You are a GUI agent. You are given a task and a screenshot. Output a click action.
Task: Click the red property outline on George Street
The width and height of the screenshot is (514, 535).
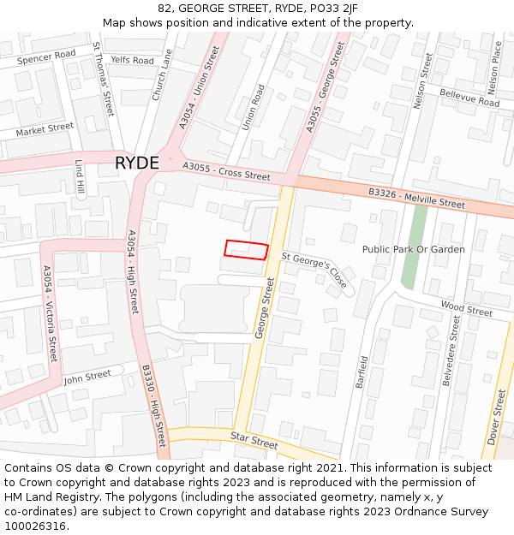247,249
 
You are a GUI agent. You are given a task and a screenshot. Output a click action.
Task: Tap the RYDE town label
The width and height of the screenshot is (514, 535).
136,163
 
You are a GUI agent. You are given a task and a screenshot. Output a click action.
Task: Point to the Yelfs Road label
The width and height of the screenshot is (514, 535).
132,61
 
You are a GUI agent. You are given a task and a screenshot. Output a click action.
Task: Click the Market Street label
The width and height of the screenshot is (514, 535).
45,129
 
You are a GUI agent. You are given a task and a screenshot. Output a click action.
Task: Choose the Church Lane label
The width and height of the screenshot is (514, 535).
162,74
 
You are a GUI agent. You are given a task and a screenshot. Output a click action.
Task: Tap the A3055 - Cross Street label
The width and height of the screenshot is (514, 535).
226,171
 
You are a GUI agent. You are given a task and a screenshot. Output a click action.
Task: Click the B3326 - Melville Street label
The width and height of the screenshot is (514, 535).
416,199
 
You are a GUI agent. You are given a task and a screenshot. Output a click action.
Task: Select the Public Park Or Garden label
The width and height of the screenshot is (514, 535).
413,249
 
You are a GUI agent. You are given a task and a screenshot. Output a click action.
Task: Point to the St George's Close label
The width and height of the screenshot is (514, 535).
315,270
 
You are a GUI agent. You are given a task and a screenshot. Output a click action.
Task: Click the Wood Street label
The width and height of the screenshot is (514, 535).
466,308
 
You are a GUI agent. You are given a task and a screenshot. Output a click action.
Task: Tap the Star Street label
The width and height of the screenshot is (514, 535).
254,442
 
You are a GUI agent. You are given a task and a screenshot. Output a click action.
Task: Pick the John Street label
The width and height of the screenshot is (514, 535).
87,376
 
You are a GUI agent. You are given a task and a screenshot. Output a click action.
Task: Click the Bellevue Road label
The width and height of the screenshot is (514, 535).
469,97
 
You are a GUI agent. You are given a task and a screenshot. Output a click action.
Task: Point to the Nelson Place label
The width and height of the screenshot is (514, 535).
493,68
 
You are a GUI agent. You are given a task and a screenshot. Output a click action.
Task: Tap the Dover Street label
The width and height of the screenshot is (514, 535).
496,417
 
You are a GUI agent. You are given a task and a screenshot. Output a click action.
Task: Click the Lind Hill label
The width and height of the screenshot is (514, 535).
80,176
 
